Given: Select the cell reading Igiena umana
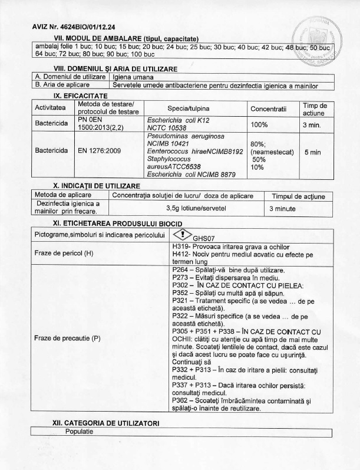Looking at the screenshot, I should click(133, 77).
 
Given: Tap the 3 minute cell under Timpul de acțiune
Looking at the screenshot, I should click(285, 208).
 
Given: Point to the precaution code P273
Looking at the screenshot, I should click(182, 278).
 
